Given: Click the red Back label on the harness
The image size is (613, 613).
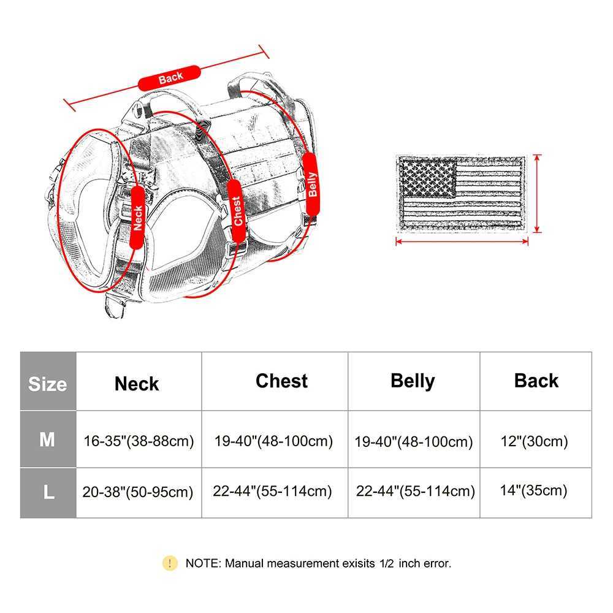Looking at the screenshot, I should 170,78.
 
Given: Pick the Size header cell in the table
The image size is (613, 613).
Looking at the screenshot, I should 48,384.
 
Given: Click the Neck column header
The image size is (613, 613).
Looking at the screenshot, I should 137,384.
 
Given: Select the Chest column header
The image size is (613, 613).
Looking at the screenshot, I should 281,381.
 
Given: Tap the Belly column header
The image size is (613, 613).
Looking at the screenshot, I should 413,381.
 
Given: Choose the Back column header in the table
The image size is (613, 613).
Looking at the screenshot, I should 536,381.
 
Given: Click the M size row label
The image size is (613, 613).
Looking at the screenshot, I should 47,440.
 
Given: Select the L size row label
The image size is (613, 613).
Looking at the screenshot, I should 48,492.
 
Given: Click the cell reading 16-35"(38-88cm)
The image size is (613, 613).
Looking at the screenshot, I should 139,441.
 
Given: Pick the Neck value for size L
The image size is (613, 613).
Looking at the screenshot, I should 138,492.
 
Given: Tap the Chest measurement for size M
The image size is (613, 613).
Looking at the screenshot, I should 273,441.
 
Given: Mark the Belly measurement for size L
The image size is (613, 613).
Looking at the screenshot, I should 416,491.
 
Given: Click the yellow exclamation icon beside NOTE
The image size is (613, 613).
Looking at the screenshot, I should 170,563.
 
